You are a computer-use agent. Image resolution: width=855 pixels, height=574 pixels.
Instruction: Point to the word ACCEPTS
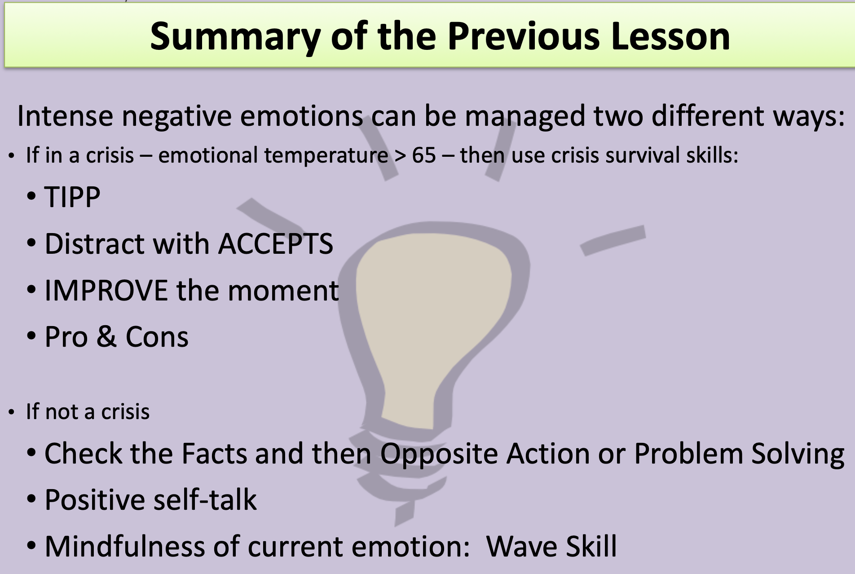pos(276,244)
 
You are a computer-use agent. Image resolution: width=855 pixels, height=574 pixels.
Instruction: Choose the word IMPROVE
pos(106,290)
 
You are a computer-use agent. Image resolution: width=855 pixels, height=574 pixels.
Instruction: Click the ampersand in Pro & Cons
pos(106,337)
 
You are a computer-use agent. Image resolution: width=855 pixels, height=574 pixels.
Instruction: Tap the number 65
pos(424,155)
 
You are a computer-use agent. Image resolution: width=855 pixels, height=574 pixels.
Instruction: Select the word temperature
pos(326,156)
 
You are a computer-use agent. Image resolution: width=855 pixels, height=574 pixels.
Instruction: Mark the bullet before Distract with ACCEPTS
pos(31,244)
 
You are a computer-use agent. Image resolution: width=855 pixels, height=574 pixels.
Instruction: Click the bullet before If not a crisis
pos(12,412)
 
